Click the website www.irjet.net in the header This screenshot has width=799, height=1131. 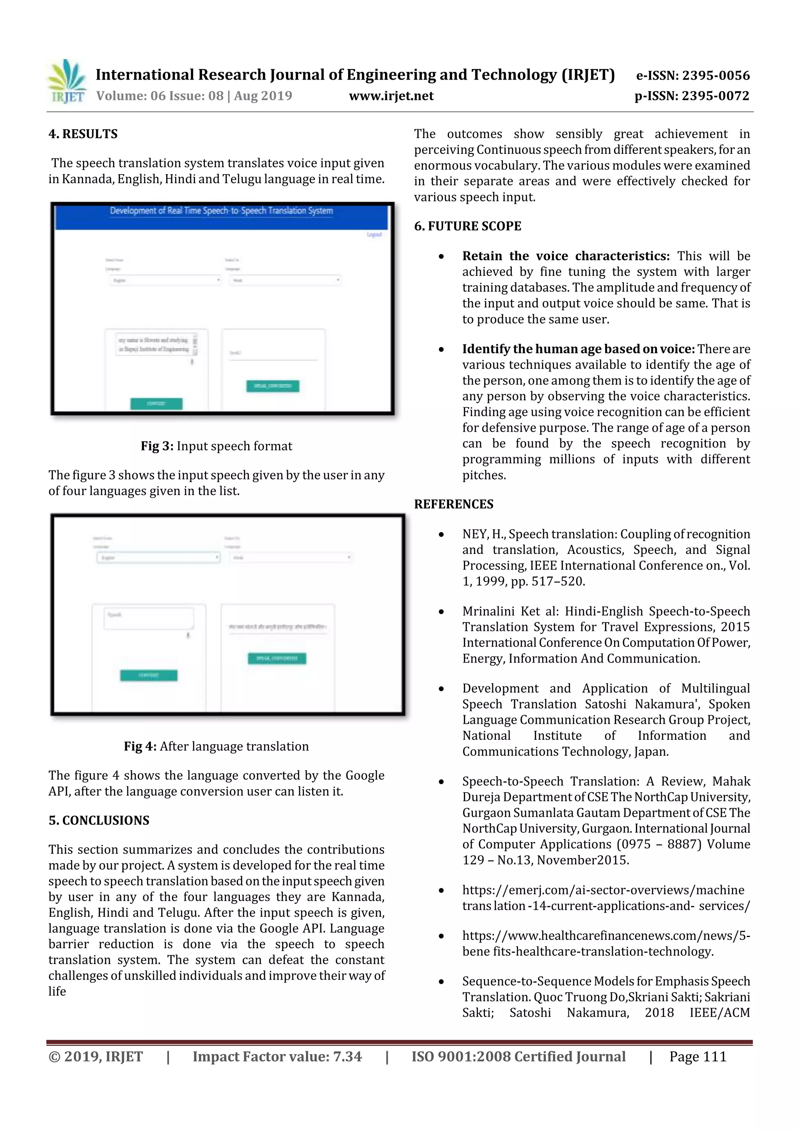(x=391, y=96)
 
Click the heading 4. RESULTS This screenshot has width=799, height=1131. (x=83, y=134)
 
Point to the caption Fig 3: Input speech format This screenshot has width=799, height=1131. (x=216, y=446)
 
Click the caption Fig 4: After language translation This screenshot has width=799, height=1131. (x=216, y=746)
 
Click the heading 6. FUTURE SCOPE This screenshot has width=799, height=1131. (x=467, y=226)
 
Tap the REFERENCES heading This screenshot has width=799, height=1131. (x=453, y=504)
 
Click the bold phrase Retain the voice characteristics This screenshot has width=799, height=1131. (x=565, y=256)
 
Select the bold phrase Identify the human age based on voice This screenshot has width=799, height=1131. (x=578, y=349)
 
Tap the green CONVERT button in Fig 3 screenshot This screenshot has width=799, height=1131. (x=156, y=404)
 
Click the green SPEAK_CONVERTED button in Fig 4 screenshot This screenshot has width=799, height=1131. (x=277, y=659)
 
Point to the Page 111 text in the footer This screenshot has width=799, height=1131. (x=698, y=1056)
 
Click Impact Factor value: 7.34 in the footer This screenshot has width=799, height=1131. (x=277, y=1056)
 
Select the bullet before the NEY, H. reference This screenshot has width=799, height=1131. (x=442, y=535)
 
